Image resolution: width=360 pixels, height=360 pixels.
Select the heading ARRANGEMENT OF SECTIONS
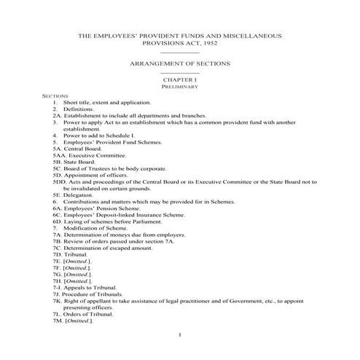pyautogui.click(x=179, y=64)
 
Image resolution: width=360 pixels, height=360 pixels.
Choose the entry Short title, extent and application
pyautogui.click(x=106, y=102)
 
